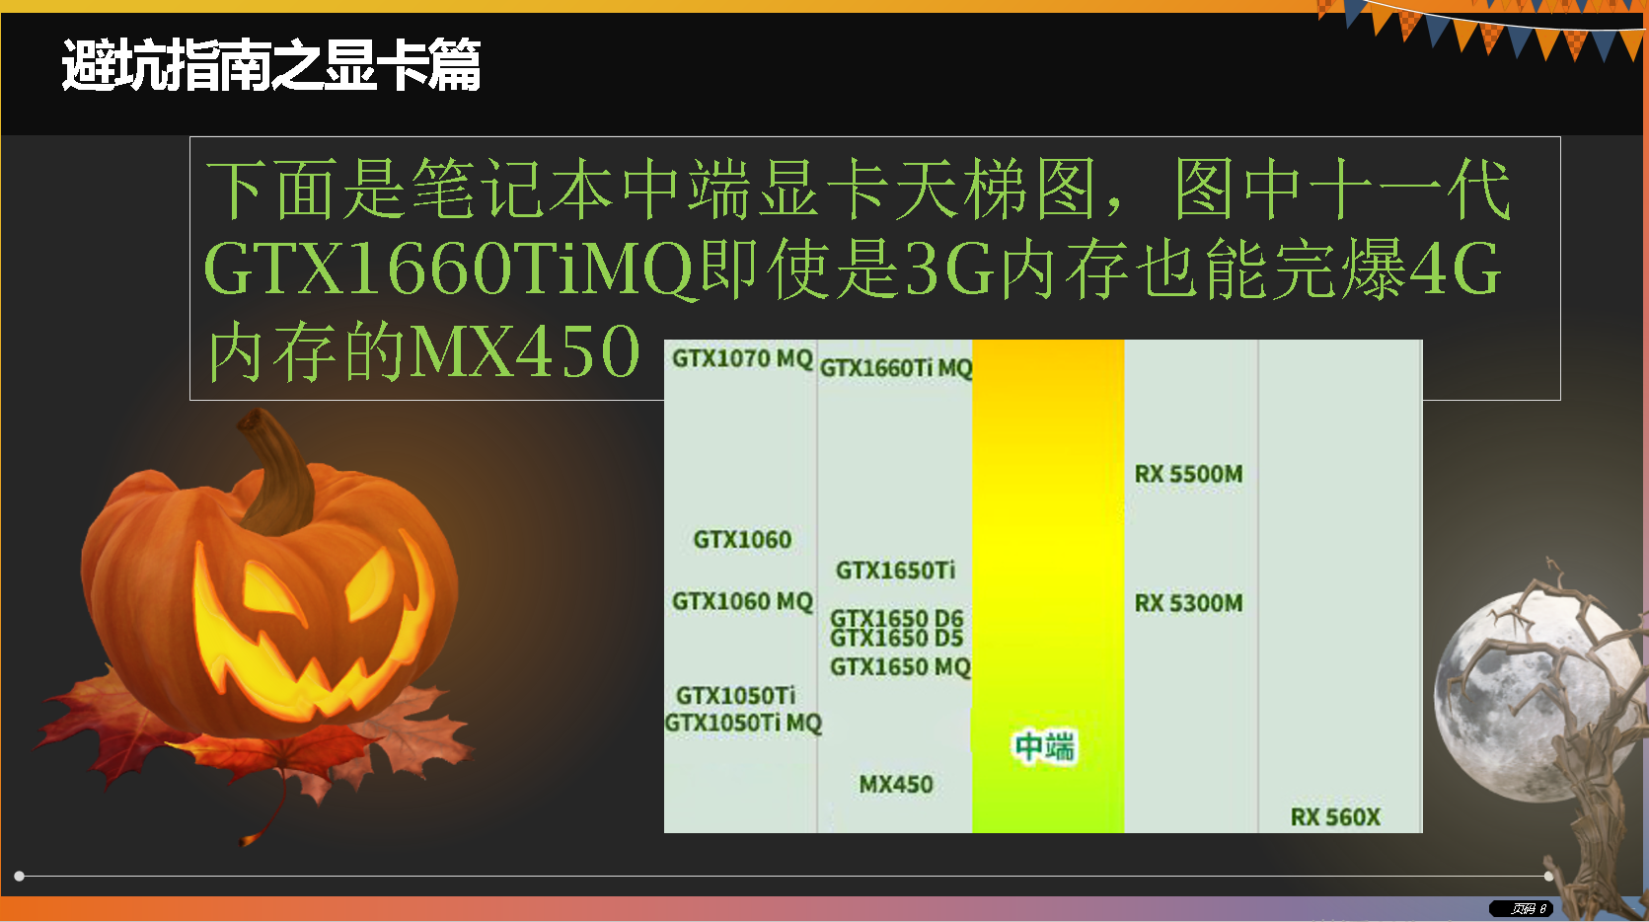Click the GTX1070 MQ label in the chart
(742, 358)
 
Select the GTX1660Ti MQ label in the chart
(896, 367)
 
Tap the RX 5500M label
(1188, 474)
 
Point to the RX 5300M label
(1188, 603)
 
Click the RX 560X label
(1335, 816)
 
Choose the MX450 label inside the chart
(896, 784)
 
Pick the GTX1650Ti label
(895, 570)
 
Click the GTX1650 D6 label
(897, 617)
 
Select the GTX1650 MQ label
(900, 667)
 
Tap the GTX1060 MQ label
(742, 601)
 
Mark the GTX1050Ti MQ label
(743, 723)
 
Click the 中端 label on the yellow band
(1045, 746)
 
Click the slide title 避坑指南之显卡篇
(270, 65)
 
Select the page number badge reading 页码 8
(1521, 908)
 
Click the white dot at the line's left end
(19, 876)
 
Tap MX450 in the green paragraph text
(525, 351)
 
